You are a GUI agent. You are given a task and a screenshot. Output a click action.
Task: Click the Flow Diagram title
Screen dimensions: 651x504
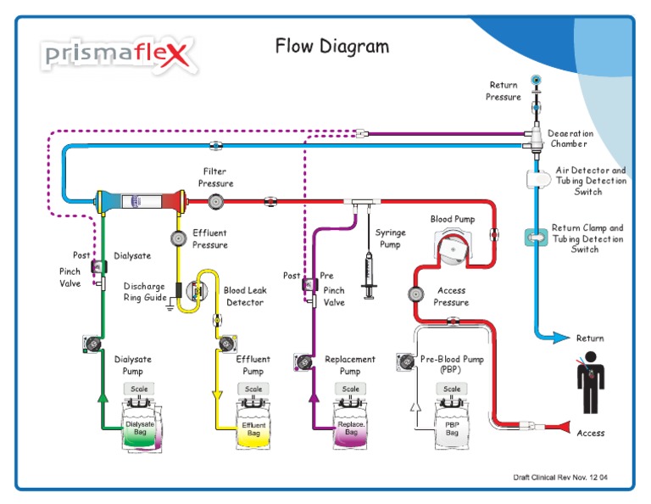pos(332,46)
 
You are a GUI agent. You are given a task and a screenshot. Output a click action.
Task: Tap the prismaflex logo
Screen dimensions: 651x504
pos(118,55)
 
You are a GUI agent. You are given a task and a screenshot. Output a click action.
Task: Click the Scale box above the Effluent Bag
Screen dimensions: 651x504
pos(253,389)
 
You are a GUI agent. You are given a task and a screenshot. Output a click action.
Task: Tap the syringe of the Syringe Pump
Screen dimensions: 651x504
pos(369,275)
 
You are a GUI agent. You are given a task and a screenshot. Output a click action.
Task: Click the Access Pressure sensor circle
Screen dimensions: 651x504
pos(415,294)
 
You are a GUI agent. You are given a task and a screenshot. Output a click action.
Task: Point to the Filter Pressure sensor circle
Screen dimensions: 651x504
pos(216,202)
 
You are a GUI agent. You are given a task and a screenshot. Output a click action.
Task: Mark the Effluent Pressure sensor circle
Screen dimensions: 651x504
pos(179,238)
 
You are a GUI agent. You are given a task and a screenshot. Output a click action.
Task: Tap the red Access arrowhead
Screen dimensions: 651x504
pos(565,427)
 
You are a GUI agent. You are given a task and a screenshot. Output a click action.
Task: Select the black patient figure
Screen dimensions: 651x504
pos(590,383)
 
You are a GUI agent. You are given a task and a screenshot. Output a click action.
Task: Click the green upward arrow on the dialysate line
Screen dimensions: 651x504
pos(103,398)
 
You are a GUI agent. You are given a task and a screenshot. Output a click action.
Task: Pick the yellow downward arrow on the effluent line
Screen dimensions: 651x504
pos(217,395)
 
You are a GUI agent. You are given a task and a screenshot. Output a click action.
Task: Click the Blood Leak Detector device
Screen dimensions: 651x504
pos(197,290)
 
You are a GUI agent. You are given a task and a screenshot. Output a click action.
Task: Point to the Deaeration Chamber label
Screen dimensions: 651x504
pos(570,138)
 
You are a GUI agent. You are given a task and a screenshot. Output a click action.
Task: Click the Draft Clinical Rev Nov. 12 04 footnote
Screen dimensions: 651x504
pos(560,478)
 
